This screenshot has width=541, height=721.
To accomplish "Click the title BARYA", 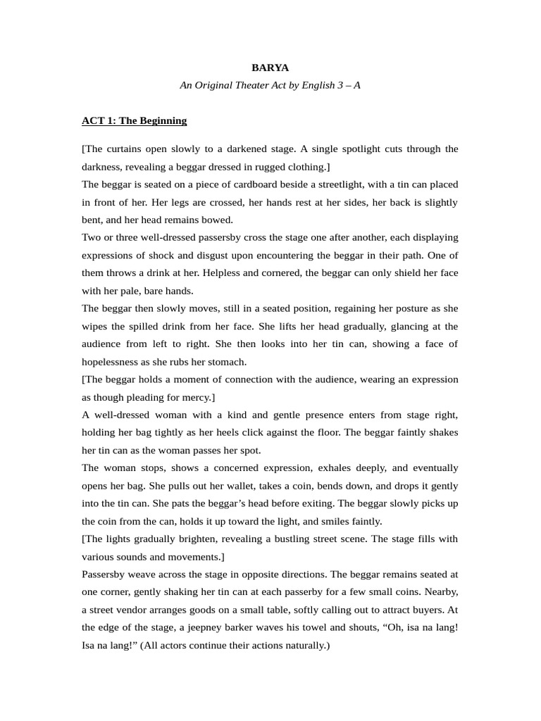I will [x=270, y=68].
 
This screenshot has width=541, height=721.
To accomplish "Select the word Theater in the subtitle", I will [x=261, y=85].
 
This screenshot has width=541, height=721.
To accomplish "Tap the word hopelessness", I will [x=116, y=362].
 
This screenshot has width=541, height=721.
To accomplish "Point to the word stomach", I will [x=226, y=362].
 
